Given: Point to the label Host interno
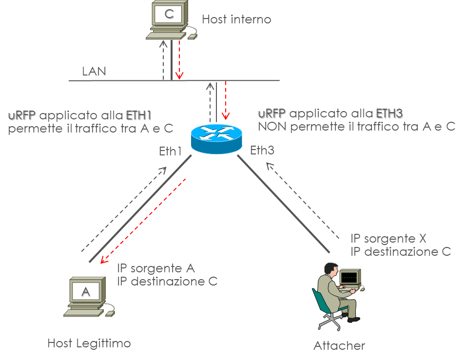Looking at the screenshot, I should coord(236,20).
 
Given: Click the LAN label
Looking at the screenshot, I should coord(94,72).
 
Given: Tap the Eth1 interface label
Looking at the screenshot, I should coord(171,151).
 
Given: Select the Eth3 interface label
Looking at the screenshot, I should coord(262,151).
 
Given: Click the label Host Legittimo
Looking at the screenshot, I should coord(89,343).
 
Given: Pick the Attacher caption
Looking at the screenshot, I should coord(339,346).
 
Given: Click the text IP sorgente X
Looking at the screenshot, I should coord(388,239).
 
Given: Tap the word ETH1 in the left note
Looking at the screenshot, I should coord(139,116).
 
